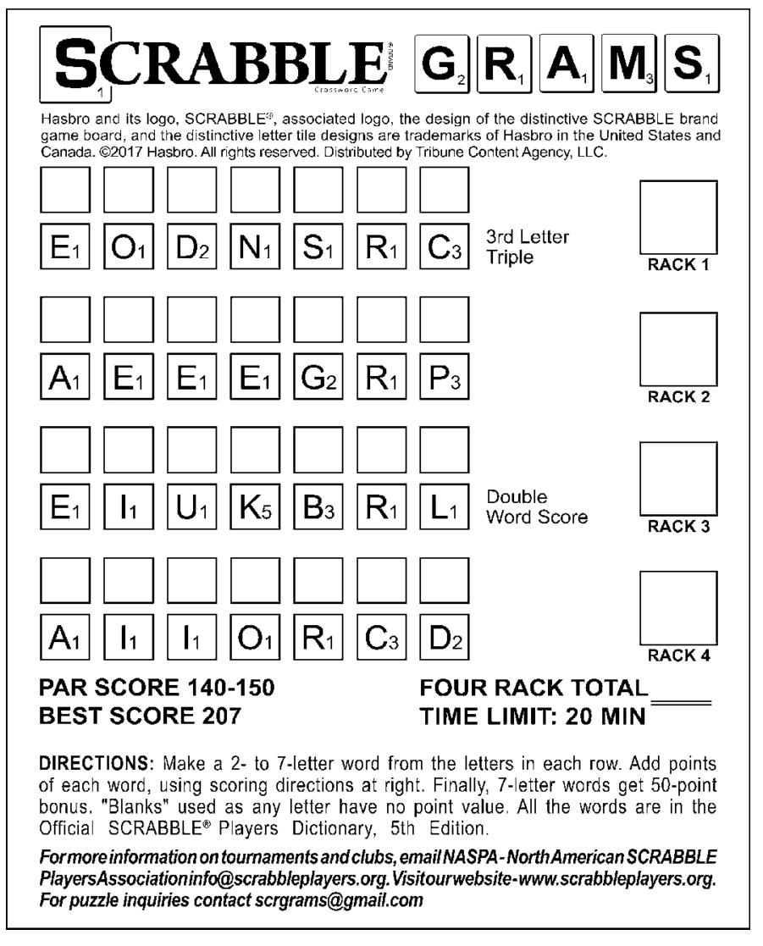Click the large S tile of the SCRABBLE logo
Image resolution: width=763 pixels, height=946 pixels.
(76, 64)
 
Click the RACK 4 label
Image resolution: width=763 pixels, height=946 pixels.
(678, 655)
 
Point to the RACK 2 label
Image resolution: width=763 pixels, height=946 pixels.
(678, 396)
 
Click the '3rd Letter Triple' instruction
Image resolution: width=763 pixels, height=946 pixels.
(527, 246)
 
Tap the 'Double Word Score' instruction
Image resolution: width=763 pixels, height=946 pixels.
(535, 506)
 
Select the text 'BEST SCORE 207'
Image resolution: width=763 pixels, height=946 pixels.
(141, 716)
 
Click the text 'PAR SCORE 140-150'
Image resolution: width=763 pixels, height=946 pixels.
(158, 688)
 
